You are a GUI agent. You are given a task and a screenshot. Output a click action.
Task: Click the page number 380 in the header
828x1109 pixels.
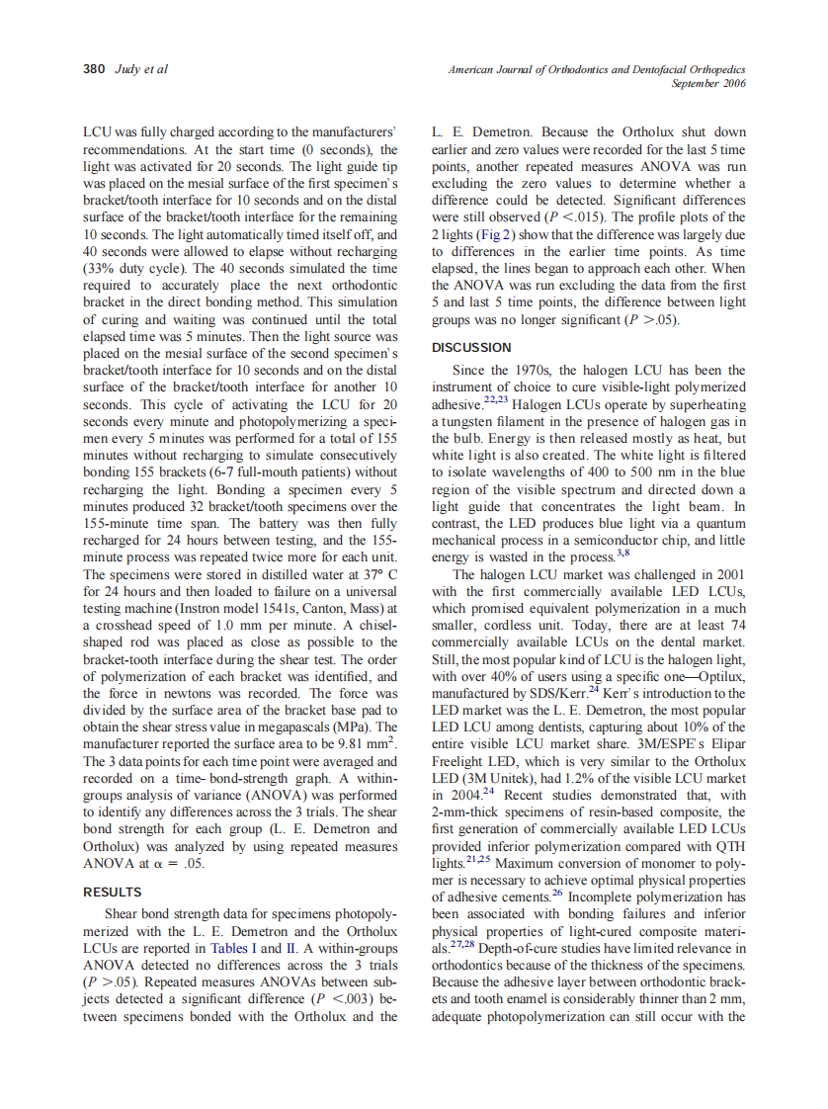pos(92,70)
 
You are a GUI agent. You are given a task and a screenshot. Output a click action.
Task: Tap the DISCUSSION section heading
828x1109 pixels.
pos(471,347)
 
